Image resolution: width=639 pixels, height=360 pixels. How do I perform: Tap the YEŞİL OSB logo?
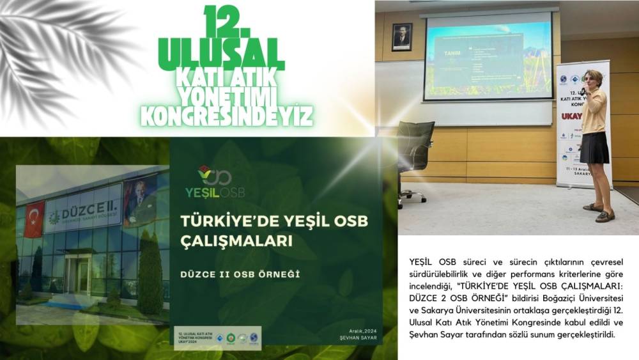click(214, 182)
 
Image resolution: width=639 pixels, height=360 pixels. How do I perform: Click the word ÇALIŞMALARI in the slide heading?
click(236, 242)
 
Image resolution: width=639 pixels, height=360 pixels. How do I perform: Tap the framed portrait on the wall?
click(402, 36)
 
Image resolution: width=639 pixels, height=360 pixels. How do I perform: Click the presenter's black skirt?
click(594, 148)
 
